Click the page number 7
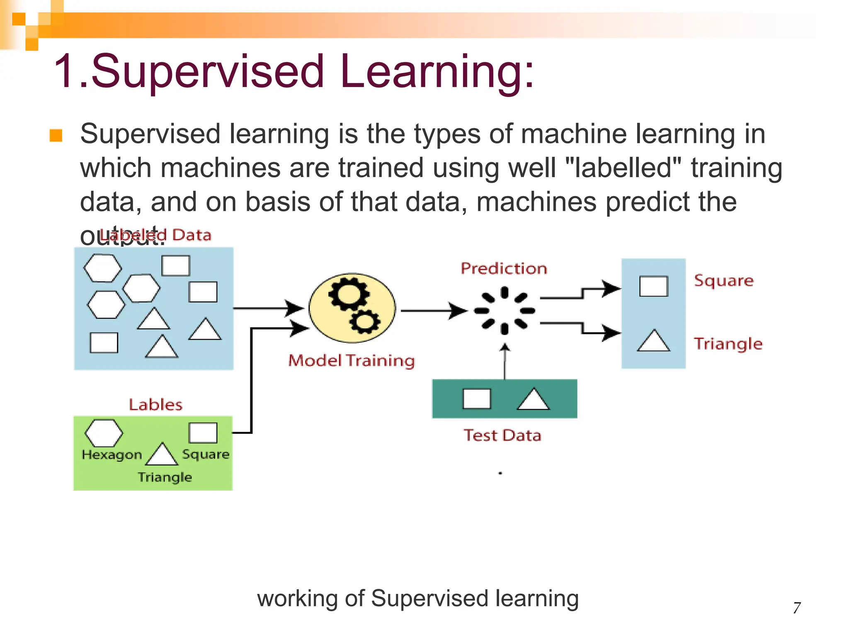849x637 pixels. (796, 608)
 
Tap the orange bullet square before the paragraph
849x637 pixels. (56, 136)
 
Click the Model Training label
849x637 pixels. (351, 360)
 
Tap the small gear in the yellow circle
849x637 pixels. (365, 321)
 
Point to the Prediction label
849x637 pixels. (504, 268)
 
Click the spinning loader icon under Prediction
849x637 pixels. (504, 310)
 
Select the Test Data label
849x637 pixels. (502, 435)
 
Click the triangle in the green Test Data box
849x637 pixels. (533, 400)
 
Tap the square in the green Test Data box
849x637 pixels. (477, 399)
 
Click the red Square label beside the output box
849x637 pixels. (723, 281)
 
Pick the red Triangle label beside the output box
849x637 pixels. (728, 344)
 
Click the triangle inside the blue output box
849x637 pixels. (653, 342)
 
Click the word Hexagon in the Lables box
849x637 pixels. (112, 455)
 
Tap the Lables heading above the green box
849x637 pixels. (155, 404)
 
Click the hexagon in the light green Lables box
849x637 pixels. (104, 433)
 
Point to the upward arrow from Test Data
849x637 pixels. (505, 361)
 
